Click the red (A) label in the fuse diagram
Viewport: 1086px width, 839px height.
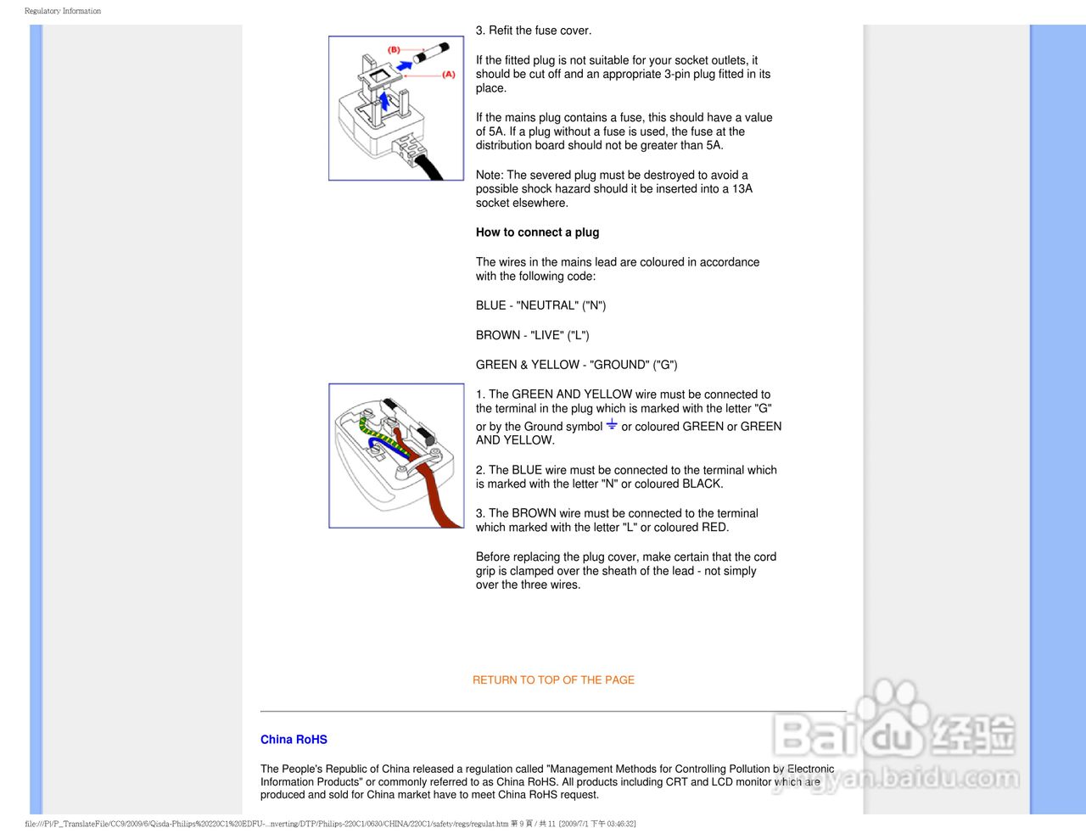coord(448,75)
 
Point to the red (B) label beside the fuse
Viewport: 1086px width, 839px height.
coord(394,50)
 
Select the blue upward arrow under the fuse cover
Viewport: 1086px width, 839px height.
coord(384,102)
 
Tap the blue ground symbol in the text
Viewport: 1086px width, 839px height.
coord(612,424)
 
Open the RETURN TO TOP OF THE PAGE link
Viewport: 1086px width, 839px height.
coord(553,680)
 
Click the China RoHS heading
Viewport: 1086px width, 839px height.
coord(294,740)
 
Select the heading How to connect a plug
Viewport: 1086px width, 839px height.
coord(537,232)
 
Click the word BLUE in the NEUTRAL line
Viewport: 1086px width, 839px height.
coord(490,305)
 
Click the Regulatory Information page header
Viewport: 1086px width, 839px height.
coord(63,11)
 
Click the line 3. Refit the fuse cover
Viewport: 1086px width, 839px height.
coord(534,31)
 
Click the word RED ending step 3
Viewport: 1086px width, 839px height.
coord(714,528)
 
